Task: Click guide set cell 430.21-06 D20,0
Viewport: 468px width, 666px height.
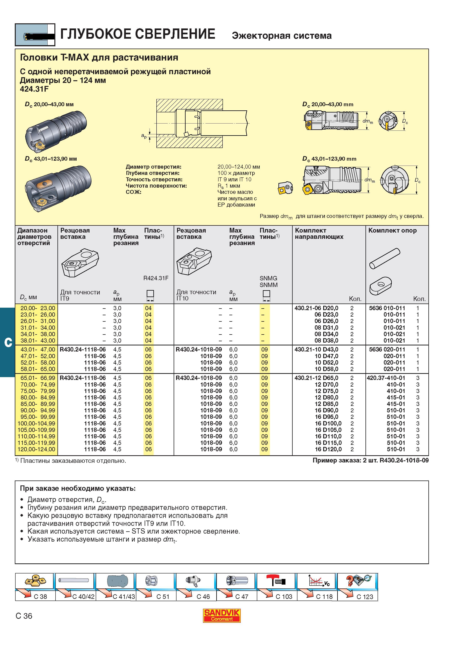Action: tap(316, 308)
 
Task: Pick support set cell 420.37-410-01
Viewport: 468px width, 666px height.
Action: tap(386, 378)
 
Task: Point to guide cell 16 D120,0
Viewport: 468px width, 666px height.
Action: tap(328, 449)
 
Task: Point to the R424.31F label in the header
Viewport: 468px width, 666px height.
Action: tap(156, 278)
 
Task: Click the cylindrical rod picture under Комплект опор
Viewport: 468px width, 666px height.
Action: tap(385, 258)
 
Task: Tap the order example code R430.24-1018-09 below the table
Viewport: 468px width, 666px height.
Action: tap(404, 460)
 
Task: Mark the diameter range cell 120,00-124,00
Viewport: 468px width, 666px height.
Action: tap(36, 449)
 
